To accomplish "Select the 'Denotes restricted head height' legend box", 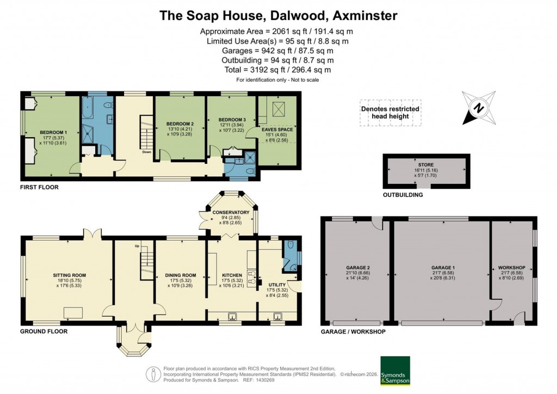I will [390, 113].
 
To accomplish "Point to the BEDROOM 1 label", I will [53, 132].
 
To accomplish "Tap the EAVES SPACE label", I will [278, 130].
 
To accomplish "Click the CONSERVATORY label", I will [231, 212].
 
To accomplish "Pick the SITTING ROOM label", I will [70, 275].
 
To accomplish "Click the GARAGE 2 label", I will [358, 268].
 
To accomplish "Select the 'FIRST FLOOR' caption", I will [39, 187].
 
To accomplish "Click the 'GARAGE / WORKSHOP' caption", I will [353, 331].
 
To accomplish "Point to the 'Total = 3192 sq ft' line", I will [278, 70].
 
